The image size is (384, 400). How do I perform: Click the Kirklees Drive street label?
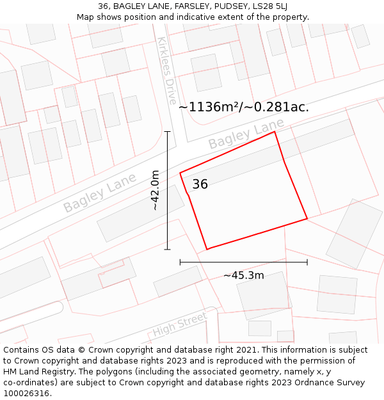click(x=166, y=70)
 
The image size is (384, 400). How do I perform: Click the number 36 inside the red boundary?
click(x=200, y=184)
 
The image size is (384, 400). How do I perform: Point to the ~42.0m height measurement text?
click(x=155, y=190)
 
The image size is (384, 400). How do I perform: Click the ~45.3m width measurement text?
click(x=243, y=276)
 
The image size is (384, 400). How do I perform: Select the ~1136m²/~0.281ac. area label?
click(x=243, y=107)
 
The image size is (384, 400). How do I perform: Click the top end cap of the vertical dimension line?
click(x=168, y=132)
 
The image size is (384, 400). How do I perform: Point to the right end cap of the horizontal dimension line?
click(x=307, y=262)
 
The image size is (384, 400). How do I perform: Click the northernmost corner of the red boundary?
click(x=275, y=132)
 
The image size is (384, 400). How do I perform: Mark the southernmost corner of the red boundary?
click(x=207, y=249)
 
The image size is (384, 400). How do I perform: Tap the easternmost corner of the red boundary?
click(x=307, y=219)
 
